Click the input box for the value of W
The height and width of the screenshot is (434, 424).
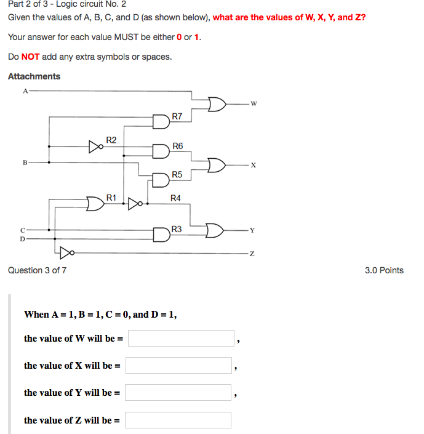pos(181,339)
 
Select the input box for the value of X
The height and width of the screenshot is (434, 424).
pos(178,366)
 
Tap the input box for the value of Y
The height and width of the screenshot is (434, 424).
pos(178,393)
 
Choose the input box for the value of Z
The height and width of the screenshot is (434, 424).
pos(178,420)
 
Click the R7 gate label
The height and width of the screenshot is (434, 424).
pos(177,116)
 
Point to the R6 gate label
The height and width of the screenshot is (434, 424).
pos(177,146)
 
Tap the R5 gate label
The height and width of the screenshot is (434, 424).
pos(177,175)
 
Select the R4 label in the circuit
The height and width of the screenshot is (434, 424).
pos(175,198)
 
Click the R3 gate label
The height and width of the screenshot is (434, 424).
pos(177,229)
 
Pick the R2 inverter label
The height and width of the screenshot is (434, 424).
pos(111,140)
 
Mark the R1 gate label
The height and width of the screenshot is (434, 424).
pos(111,197)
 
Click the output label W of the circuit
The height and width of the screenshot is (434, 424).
pos(253,103)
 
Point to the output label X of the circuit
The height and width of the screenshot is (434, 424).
pos(253,166)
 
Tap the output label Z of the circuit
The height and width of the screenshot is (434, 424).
pos(253,253)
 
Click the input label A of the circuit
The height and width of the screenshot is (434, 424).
pos(25,91)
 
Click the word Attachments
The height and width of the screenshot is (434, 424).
pos(34,76)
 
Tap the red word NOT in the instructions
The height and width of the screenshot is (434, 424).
pos(30,57)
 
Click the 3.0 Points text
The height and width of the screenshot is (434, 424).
pos(384,270)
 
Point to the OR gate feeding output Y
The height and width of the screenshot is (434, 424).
pos(215,230)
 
